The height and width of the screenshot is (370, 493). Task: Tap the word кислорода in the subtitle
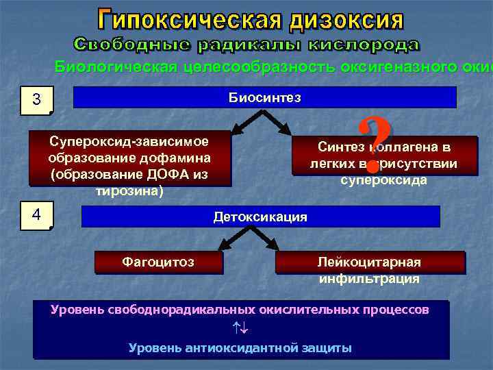[x=362, y=45]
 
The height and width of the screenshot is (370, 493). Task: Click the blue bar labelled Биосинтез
[x=264, y=97]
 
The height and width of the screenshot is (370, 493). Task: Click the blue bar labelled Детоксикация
[x=260, y=217]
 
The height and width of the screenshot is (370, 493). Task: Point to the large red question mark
[x=373, y=145]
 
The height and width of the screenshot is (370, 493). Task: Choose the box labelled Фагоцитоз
[x=157, y=262]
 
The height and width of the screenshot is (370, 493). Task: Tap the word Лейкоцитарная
[x=369, y=262]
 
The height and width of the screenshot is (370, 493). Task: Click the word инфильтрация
[x=369, y=279]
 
